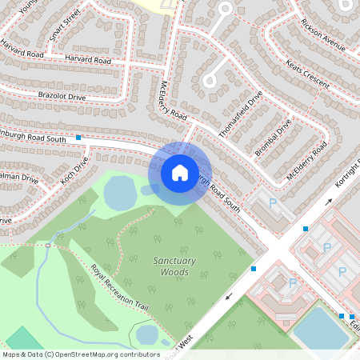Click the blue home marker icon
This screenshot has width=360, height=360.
click(180, 172)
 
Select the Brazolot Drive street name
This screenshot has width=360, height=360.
click(62, 96)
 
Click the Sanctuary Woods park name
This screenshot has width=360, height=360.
click(171, 266)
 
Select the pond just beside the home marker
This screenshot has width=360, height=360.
click(120, 193)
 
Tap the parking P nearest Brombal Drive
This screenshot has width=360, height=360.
click(272, 204)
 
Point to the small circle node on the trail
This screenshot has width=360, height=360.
click(48, 246)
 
